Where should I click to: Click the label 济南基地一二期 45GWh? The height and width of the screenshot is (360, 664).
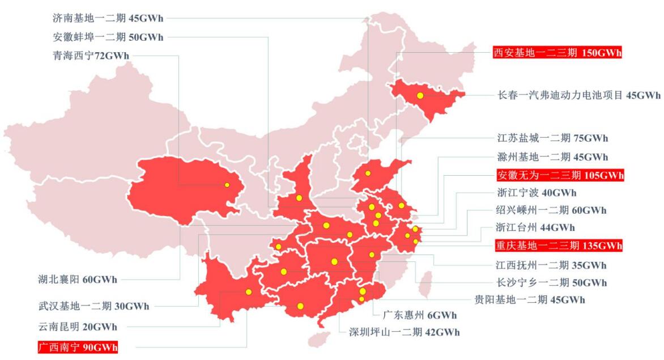pos(107,18)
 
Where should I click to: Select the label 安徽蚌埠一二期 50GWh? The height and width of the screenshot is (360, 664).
pos(107,37)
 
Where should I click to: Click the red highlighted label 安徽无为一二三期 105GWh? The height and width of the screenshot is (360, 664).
pos(560,174)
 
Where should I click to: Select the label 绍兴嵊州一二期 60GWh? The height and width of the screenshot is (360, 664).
pos(551,210)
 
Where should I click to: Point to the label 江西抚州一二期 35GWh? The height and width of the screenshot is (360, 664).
pos(551,265)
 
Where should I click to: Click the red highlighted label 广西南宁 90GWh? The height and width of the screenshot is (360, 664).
pos(78,346)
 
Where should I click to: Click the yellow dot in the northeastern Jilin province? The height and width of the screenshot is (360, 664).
pos(420,96)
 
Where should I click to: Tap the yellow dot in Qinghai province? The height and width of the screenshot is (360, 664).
pos(227,185)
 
